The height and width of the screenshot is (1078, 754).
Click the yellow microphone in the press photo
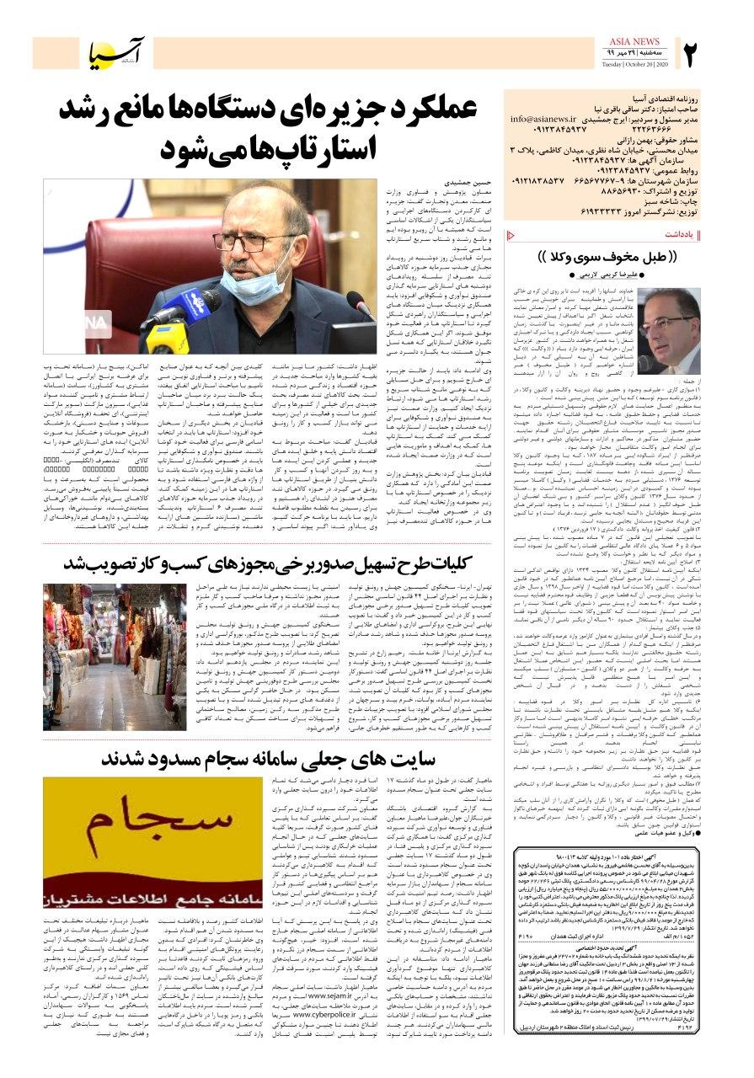pyautogui.click(x=168, y=334)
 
